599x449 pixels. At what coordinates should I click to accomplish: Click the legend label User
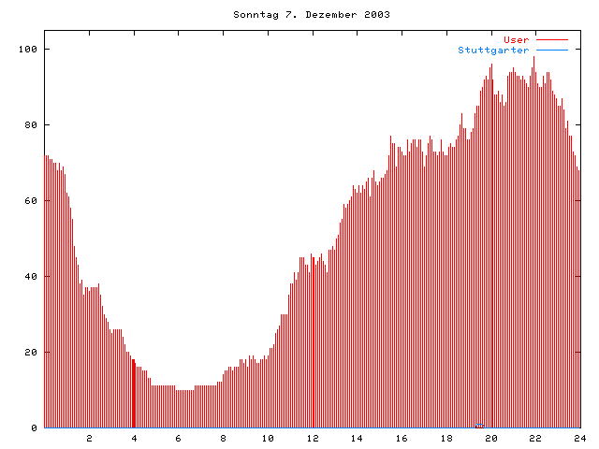(x=517, y=39)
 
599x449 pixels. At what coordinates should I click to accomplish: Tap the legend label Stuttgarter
(x=493, y=50)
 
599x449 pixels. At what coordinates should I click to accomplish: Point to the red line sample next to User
(x=552, y=39)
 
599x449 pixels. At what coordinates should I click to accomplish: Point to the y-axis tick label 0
(x=34, y=427)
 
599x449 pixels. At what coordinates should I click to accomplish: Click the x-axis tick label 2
(x=90, y=438)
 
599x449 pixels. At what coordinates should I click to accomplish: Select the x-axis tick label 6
(x=179, y=438)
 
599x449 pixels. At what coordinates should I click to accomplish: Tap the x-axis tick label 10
(x=268, y=438)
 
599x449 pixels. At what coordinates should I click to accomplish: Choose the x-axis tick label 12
(x=313, y=438)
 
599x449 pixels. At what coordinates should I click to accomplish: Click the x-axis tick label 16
(x=402, y=438)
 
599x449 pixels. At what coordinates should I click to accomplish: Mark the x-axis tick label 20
(x=490, y=438)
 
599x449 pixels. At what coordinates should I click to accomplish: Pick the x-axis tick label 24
(x=579, y=438)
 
